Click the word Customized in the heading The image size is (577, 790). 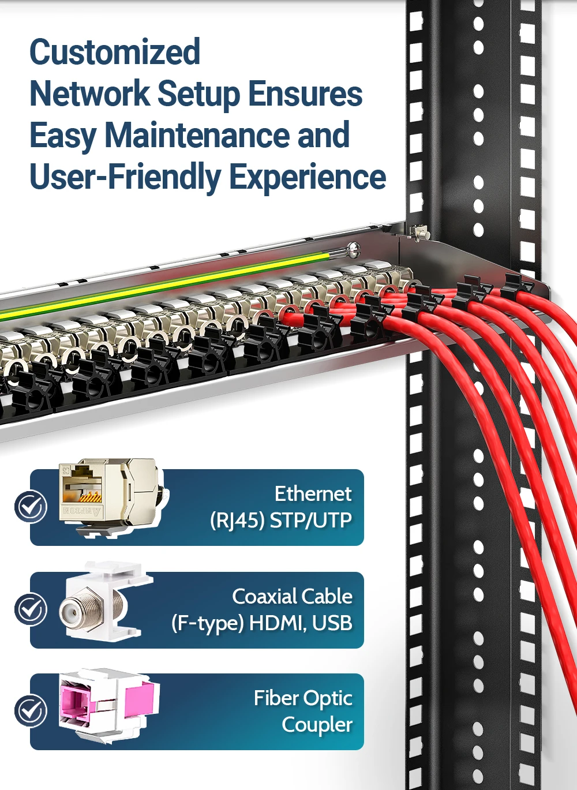click(115, 52)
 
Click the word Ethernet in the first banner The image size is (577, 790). click(313, 494)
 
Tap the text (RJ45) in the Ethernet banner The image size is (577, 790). click(237, 521)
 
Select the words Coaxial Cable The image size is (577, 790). click(292, 596)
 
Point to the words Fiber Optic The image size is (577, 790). click(303, 698)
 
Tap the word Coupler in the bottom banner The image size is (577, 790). click(317, 725)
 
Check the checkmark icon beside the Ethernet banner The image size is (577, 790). click(31, 507)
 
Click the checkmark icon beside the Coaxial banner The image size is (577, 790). click(31, 609)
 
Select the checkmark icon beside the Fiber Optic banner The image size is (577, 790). click(31, 711)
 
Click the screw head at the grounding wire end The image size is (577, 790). click(354, 250)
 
